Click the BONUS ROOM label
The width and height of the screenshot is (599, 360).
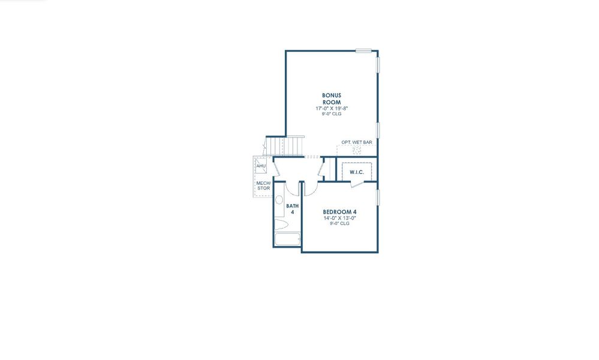pyautogui.click(x=332, y=99)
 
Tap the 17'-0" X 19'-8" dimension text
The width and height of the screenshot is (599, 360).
pyautogui.click(x=332, y=109)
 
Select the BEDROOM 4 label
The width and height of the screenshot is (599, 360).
pyautogui.click(x=340, y=212)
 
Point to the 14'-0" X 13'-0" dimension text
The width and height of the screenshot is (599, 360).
pyautogui.click(x=340, y=218)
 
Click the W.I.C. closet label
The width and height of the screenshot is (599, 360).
pyautogui.click(x=357, y=172)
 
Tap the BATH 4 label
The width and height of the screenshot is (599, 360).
pyautogui.click(x=293, y=209)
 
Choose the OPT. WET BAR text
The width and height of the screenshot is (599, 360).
pyautogui.click(x=357, y=142)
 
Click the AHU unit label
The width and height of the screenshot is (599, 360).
pyautogui.click(x=261, y=166)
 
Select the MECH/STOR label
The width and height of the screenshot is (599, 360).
pyautogui.click(x=263, y=185)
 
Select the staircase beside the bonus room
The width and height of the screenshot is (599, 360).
pyautogui.click(x=286, y=145)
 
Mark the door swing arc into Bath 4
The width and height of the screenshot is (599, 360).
pyautogui.click(x=293, y=188)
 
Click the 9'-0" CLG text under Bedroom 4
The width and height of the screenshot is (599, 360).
pyautogui.click(x=340, y=224)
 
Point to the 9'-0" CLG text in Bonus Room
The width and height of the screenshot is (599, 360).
pyautogui.click(x=332, y=115)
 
